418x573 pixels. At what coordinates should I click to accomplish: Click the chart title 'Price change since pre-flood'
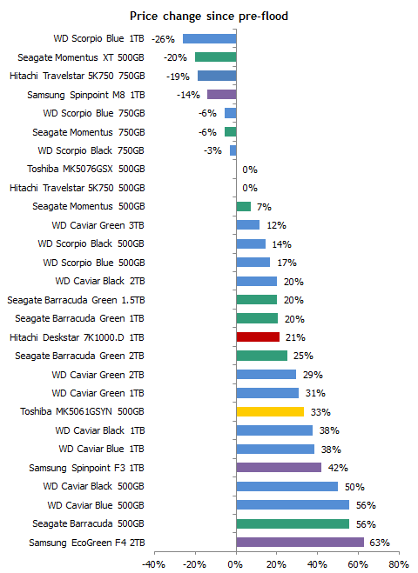pos(209,16)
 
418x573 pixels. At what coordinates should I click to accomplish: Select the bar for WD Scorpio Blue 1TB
pos(210,39)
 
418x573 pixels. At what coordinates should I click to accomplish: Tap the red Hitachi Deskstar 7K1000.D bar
pos(258,336)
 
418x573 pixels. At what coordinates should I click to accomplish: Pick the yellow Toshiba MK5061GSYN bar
pos(270,411)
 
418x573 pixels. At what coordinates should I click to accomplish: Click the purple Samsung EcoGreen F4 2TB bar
pos(300,542)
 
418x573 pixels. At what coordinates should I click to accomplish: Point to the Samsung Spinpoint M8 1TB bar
pos(222,94)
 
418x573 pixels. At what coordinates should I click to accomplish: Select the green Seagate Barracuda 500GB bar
pos(293,523)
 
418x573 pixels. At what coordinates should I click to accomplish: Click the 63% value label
pos(380,543)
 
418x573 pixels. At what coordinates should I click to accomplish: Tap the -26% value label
pos(163,39)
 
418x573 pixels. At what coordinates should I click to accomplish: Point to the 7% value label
pos(264,207)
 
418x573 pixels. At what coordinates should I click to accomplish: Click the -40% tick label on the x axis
pos(154,564)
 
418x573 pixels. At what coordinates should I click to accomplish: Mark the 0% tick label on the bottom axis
pos(235,564)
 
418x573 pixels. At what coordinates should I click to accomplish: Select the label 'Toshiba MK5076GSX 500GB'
pos(86,169)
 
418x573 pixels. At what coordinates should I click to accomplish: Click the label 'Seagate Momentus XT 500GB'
pos(81,57)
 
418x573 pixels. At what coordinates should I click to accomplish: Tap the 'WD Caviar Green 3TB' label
pos(98,225)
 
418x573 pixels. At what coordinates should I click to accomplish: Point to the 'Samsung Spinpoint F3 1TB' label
pos(87,468)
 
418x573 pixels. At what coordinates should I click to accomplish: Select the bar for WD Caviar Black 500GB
pos(287,486)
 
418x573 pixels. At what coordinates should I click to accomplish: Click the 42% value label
pos(338,468)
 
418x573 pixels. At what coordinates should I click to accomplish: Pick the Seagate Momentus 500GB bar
pos(244,206)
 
